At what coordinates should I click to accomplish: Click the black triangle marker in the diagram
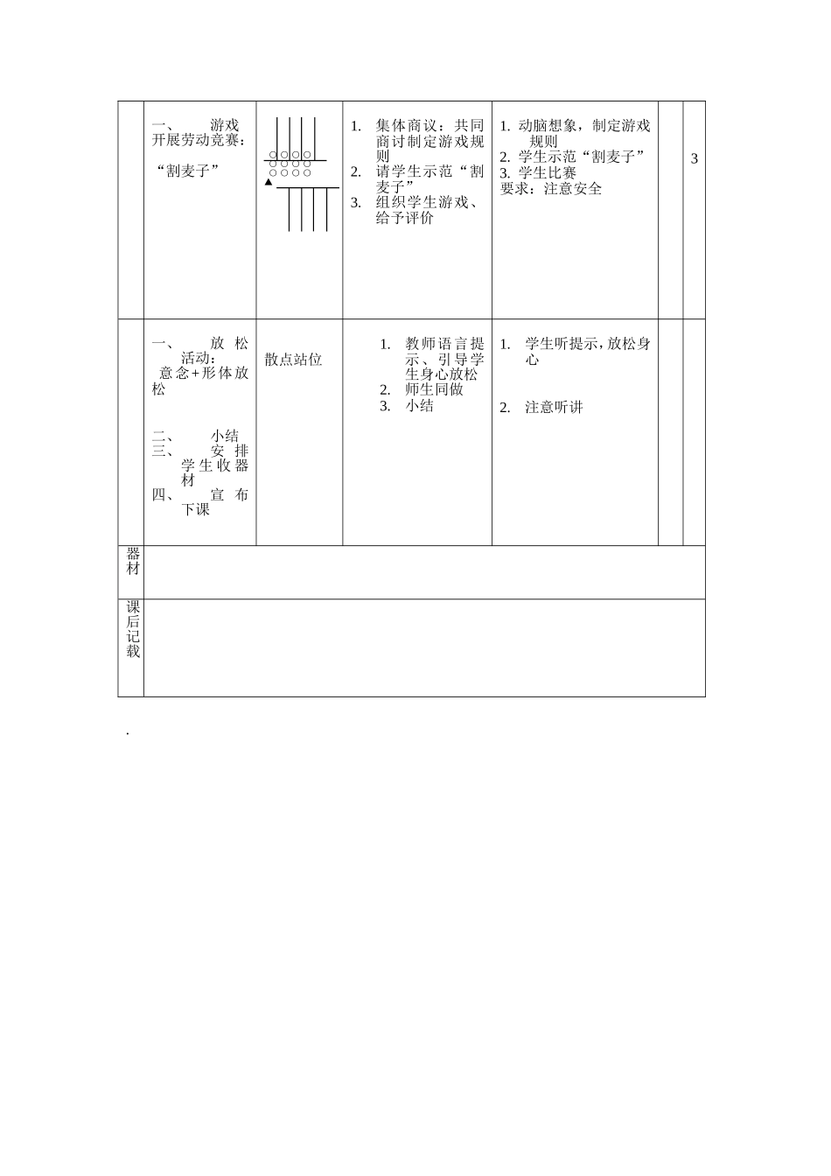269,182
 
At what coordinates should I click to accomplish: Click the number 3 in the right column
695,158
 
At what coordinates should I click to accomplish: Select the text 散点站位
294,360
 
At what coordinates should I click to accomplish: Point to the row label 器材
133,561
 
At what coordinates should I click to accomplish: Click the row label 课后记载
133,629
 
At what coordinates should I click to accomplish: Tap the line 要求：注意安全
551,188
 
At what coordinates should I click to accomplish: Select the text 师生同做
435,390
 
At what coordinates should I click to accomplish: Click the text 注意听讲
554,407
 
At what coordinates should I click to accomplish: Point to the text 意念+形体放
204,373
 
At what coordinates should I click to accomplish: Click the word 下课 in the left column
196,509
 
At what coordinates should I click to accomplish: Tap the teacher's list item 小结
420,406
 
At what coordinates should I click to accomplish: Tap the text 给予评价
405,218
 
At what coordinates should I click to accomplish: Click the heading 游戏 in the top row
225,125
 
